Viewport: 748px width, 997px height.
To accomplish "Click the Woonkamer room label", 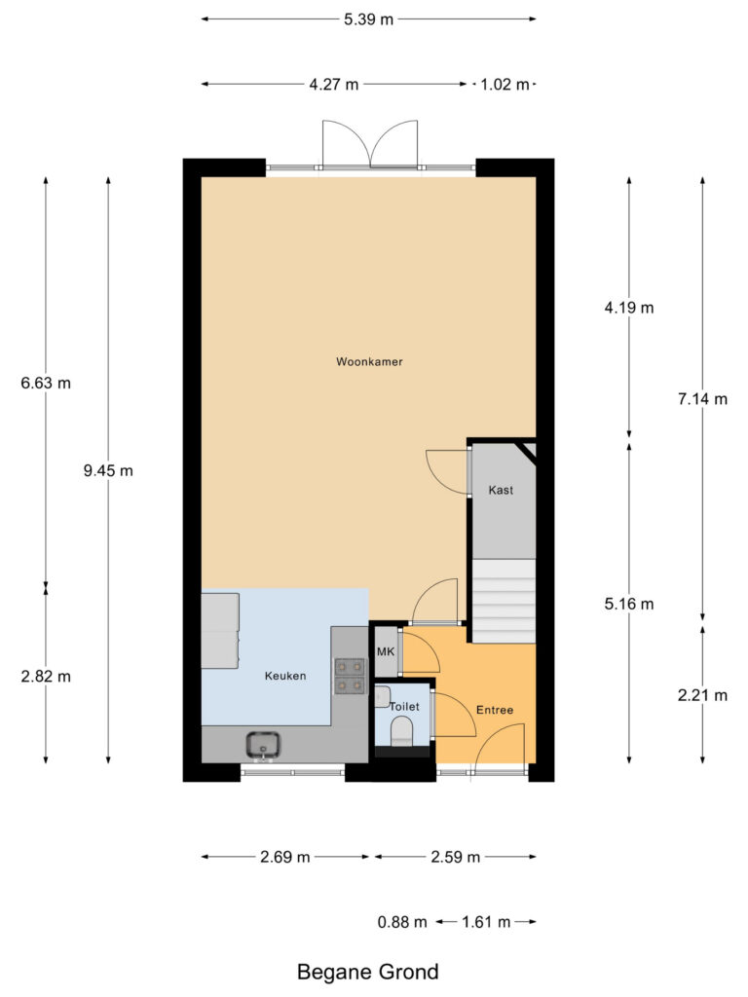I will click(369, 361).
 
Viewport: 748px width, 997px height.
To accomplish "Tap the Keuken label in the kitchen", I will click(285, 676).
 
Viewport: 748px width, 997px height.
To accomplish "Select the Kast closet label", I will click(501, 491).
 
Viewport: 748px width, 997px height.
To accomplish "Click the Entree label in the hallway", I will click(494, 710).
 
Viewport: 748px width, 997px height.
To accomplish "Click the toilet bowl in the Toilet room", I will click(401, 730).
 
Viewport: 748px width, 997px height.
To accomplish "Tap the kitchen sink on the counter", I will click(264, 746).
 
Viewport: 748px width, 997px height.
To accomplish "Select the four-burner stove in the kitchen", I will click(350, 676).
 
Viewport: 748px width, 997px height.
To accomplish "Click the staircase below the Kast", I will click(504, 601).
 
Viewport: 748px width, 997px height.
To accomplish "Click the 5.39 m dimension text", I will click(369, 18).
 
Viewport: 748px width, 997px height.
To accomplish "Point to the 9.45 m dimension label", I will click(108, 470).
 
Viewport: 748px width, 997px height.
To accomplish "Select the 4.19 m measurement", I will click(628, 308).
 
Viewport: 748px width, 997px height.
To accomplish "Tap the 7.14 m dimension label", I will click(702, 398).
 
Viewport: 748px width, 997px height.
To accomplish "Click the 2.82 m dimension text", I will click(46, 676).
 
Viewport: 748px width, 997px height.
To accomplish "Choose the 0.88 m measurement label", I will click(402, 921).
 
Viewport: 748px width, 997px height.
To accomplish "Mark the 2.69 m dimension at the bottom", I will click(285, 857).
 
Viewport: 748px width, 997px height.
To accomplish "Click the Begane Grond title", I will click(367, 971).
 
